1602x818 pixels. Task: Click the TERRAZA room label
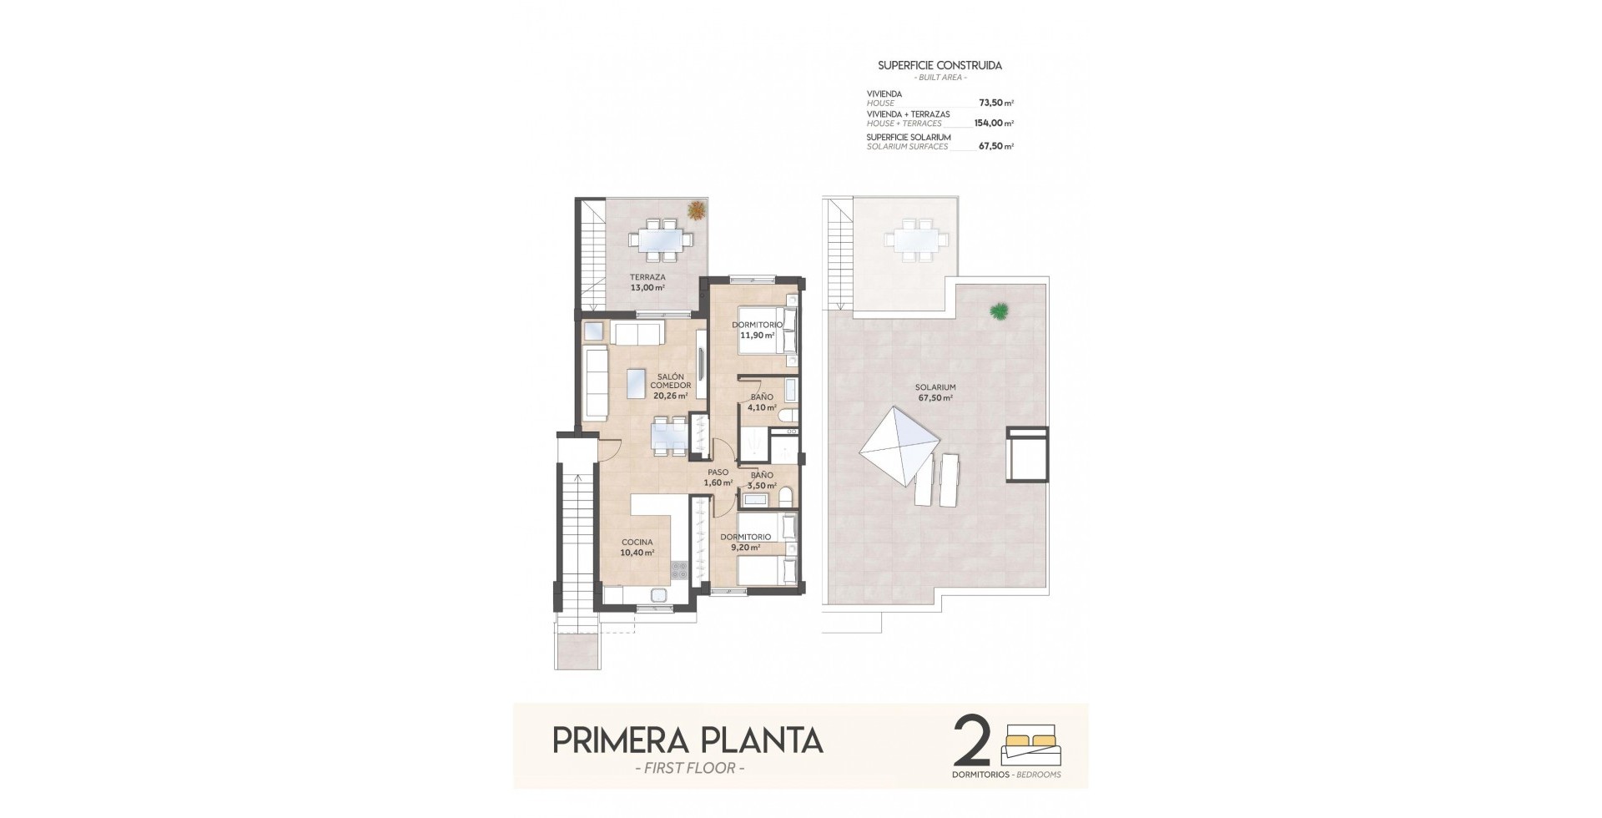[x=647, y=277]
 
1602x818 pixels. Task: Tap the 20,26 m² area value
[x=671, y=396]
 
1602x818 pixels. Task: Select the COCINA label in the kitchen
[x=637, y=543]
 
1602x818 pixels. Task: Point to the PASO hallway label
[x=718, y=472]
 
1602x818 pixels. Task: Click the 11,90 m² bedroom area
[x=758, y=336]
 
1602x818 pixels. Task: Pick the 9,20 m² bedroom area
[x=745, y=548]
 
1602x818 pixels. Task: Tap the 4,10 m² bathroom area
[x=762, y=408]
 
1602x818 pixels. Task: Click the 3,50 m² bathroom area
[x=762, y=485]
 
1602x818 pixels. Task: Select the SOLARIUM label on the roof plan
[x=935, y=387]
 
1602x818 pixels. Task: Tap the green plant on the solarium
[x=999, y=312]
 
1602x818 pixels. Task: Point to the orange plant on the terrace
[x=695, y=210]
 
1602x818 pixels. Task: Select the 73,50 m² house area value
[x=996, y=104]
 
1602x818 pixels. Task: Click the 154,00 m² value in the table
[x=995, y=123]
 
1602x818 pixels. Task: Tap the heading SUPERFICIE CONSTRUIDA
[x=940, y=65]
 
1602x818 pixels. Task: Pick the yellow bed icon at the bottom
[x=1034, y=744]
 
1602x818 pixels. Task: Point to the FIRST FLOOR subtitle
[x=688, y=768]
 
